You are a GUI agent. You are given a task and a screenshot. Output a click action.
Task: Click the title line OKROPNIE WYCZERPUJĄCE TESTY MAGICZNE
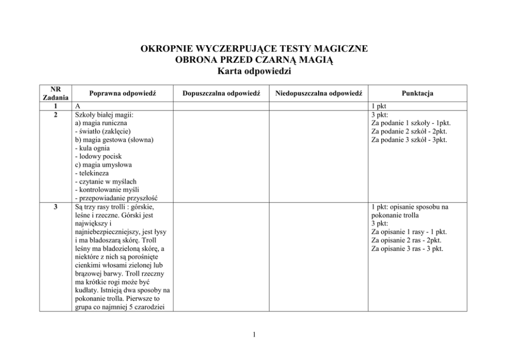click(x=254, y=49)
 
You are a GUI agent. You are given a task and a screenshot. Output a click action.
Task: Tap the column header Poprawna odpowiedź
click(x=122, y=93)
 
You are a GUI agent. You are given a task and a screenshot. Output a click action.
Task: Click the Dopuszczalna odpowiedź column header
click(x=222, y=93)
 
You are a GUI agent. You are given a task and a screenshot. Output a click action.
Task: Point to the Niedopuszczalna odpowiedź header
click(x=319, y=93)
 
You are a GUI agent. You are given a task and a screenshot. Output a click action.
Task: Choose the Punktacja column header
click(x=418, y=93)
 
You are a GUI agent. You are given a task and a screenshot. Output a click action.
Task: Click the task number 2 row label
click(x=54, y=115)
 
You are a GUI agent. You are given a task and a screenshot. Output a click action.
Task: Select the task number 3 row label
click(x=54, y=207)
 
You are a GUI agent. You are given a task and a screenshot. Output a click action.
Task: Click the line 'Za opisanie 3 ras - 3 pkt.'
click(x=407, y=249)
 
